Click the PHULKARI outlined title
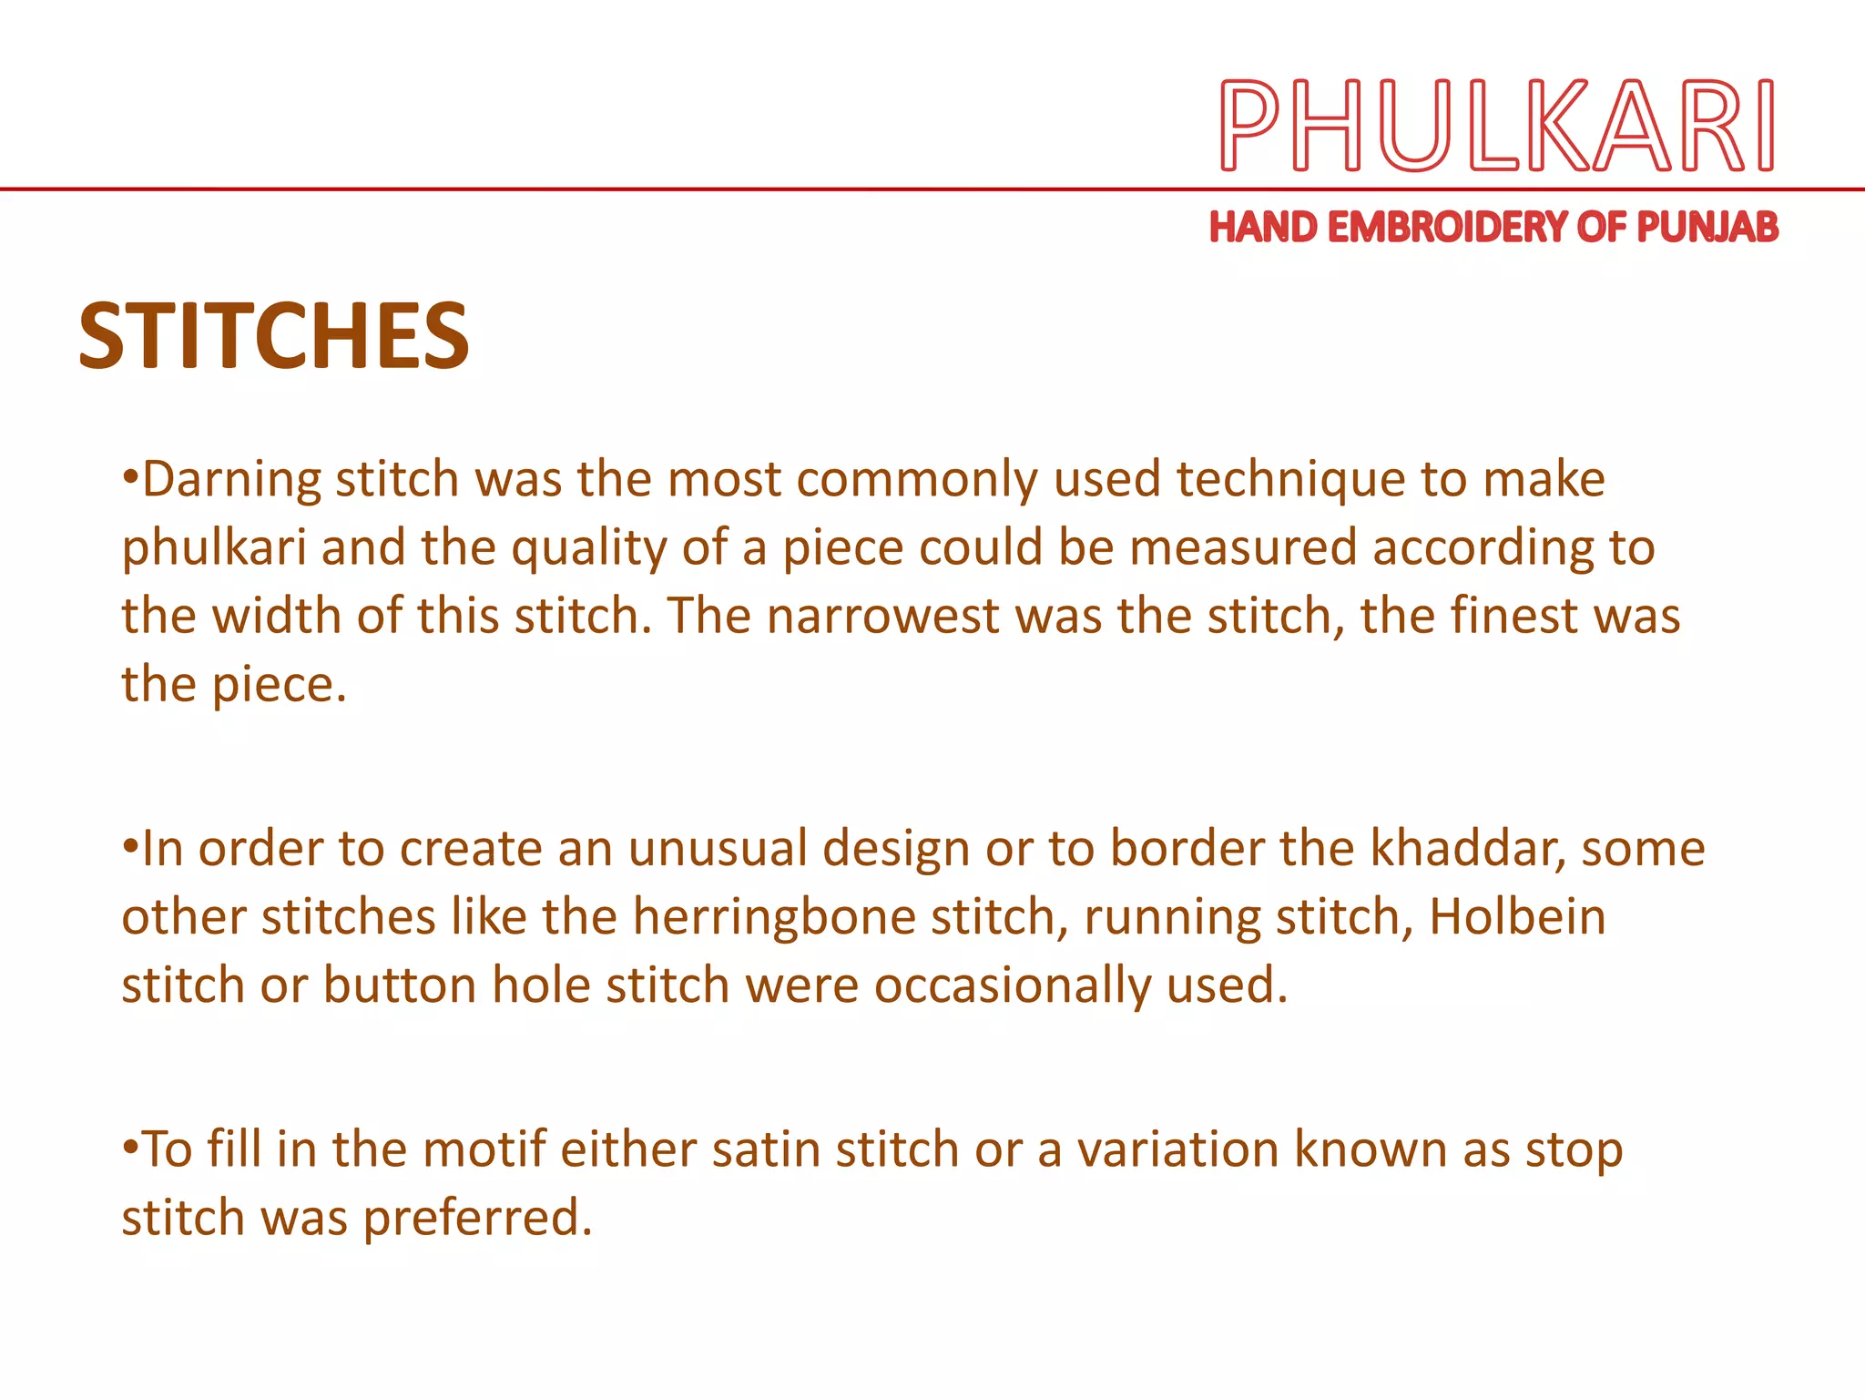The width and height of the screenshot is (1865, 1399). (x=1496, y=126)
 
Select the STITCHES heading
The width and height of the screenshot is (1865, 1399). (x=274, y=336)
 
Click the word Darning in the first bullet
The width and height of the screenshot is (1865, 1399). (x=231, y=480)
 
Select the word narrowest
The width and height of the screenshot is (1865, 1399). (x=882, y=617)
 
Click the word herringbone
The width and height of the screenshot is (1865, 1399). (x=774, y=917)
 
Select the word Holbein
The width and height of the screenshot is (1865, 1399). (x=1517, y=917)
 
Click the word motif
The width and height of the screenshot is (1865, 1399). (x=484, y=1149)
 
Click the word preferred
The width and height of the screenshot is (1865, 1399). (x=477, y=1218)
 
